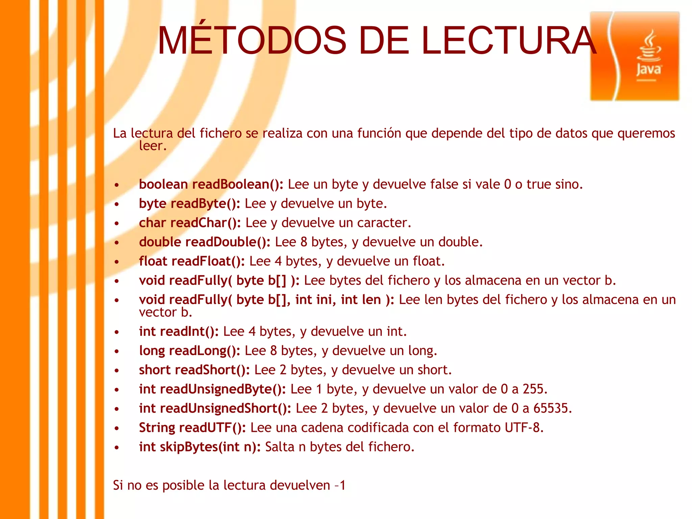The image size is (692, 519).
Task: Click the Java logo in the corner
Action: [x=635, y=56]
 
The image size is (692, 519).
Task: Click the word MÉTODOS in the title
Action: [x=252, y=41]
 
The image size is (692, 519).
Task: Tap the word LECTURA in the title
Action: [x=509, y=41]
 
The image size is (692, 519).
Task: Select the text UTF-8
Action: [x=523, y=428]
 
